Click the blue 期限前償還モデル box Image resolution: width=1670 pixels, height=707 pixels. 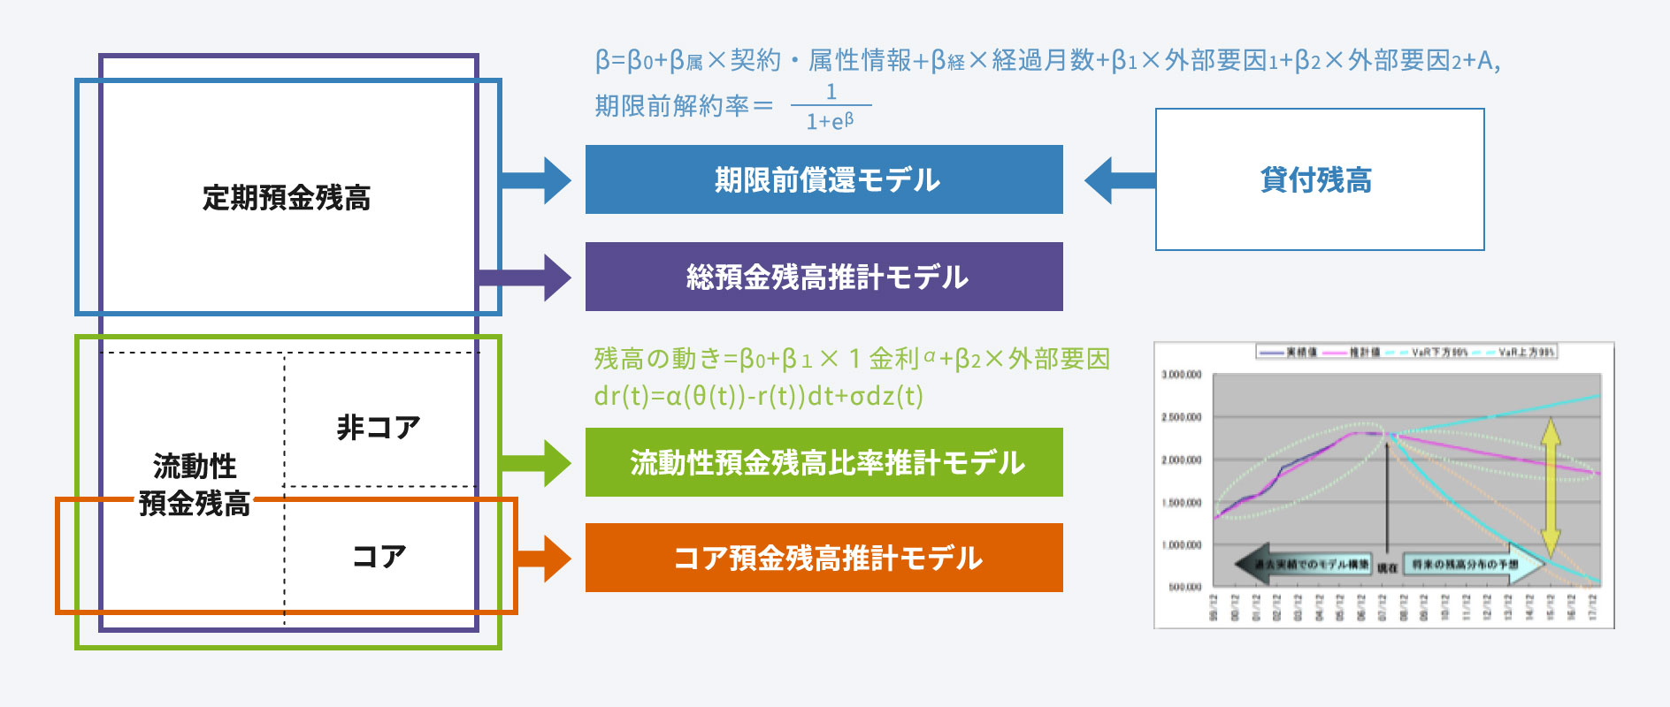824,179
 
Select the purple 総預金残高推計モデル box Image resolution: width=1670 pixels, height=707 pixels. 824,277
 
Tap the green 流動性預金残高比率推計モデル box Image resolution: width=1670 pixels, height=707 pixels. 824,462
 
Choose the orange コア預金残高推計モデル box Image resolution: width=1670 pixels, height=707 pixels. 824,558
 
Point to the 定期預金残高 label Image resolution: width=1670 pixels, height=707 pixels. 287,197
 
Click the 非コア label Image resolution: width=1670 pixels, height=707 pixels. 379,428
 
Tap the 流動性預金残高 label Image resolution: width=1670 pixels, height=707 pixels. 195,484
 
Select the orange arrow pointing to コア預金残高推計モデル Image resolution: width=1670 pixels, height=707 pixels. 545,558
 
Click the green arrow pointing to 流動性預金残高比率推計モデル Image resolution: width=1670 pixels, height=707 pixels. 538,462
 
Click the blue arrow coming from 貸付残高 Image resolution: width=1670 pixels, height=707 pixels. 1120,180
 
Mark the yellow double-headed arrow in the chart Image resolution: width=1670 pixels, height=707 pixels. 1550,487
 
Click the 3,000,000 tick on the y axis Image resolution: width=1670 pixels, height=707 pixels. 1181,375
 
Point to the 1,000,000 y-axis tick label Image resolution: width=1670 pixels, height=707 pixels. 1181,545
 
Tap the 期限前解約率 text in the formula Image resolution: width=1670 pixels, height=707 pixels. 671,106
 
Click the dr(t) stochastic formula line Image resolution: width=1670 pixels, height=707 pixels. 758,395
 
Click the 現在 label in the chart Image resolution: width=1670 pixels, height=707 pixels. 1387,567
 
